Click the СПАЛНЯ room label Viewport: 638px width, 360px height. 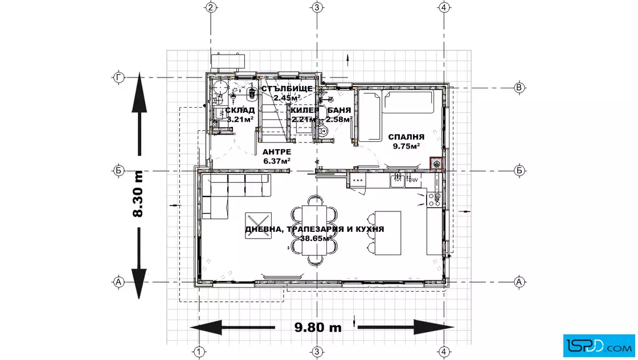click(x=406, y=137)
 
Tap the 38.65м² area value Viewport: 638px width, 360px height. click(x=316, y=238)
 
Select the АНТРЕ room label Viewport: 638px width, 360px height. click(x=277, y=152)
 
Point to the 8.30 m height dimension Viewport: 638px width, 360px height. click(x=138, y=194)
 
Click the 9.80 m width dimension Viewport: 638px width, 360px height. click(x=318, y=327)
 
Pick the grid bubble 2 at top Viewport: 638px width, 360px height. click(x=210, y=7)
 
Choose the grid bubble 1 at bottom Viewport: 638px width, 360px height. click(x=199, y=351)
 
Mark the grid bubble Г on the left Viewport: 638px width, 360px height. click(x=118, y=77)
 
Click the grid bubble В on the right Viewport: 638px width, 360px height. click(x=519, y=88)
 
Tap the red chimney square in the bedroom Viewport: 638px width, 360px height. click(x=436, y=164)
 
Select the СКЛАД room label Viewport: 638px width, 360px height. click(x=240, y=111)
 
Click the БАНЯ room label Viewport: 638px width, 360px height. click(x=339, y=111)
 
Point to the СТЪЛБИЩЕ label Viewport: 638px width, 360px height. click(x=287, y=89)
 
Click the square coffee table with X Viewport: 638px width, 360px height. click(x=258, y=226)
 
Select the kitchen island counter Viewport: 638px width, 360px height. click(x=388, y=233)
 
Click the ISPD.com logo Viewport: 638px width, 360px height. click(x=599, y=345)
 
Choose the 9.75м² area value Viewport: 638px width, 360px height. click(x=406, y=146)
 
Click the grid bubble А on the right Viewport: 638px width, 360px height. click(x=519, y=281)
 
